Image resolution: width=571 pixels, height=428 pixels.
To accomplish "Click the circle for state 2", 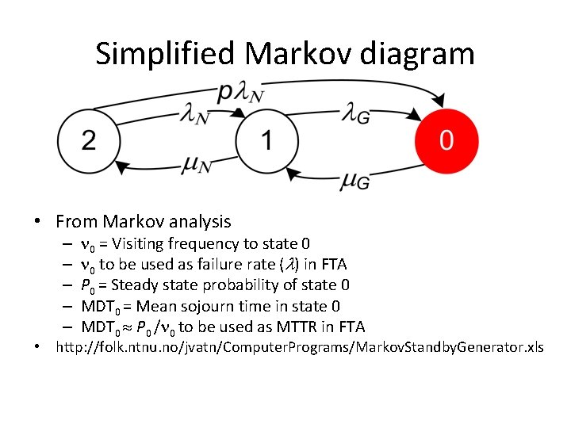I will (x=89, y=141).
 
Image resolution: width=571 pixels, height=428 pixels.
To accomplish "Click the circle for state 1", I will (x=267, y=141).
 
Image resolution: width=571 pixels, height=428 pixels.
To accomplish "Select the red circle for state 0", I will (x=446, y=141).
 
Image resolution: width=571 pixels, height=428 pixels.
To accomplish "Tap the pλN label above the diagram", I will (x=241, y=93).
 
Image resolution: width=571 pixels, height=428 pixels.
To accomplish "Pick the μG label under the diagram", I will (x=355, y=182).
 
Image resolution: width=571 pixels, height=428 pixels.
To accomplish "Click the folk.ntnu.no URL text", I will (x=299, y=347).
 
